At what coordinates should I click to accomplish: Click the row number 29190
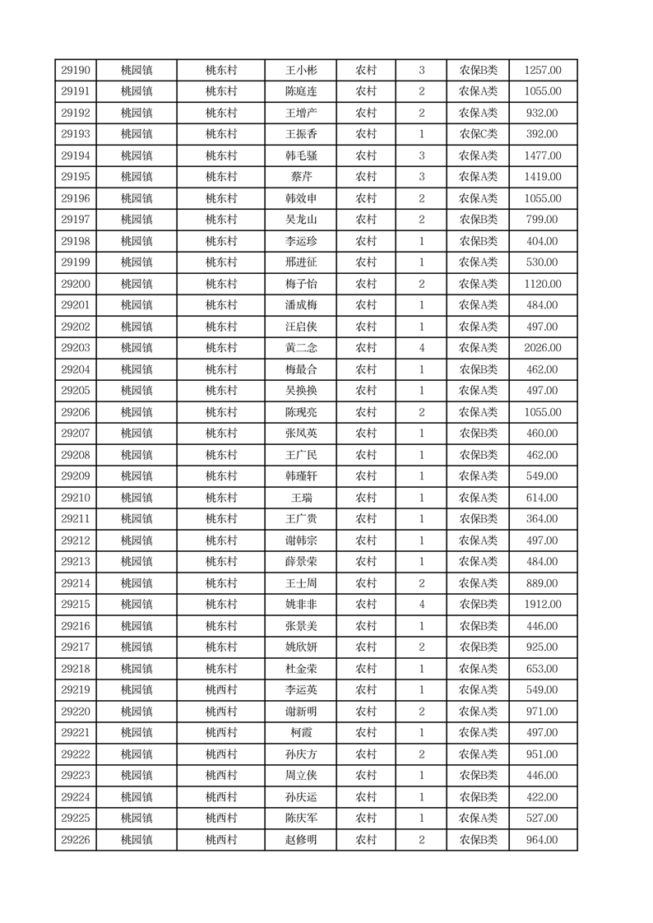pos(76,71)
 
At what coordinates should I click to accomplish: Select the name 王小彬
pos(300,71)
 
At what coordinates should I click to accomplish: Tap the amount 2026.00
pos(543,348)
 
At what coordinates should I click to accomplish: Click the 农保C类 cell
pos(478,134)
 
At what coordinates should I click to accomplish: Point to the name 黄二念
pos(300,348)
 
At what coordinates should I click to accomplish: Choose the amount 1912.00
pos(543,605)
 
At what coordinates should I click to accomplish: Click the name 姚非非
pos(300,605)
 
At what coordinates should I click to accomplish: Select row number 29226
pos(76,840)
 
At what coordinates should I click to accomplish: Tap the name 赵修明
pos(300,840)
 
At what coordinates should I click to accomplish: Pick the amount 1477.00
pos(543,155)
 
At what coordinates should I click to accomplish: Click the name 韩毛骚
pos(300,155)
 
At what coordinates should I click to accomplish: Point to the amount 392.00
pos(543,134)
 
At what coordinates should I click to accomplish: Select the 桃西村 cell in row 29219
pos(221,690)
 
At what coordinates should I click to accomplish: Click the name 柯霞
pos(300,733)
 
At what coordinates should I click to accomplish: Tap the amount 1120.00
pos(543,284)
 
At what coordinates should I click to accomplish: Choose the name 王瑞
pos(300,498)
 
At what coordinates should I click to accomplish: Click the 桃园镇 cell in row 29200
pos(137,284)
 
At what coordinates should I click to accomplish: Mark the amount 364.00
pos(543,519)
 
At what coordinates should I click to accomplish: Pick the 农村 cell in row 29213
pos(366,562)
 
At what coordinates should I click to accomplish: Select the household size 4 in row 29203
pos(422,348)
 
